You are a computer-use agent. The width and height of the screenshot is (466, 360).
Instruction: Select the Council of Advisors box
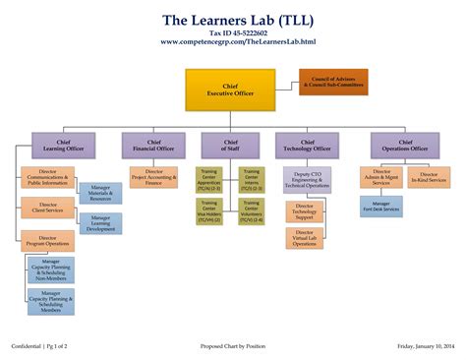coord(334,82)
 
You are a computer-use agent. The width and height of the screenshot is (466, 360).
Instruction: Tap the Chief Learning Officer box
coord(64,145)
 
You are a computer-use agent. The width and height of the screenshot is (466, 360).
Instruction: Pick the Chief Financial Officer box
coord(153,145)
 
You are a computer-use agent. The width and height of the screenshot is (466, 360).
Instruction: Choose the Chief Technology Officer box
coord(306,145)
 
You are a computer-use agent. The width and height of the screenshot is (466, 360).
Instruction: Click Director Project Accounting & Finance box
coord(155,177)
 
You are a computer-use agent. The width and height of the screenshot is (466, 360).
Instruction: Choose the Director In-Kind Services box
coord(428,177)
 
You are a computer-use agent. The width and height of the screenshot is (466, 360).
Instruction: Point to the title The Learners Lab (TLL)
coord(233,20)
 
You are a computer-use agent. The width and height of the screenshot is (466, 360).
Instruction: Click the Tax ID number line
coord(233,32)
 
